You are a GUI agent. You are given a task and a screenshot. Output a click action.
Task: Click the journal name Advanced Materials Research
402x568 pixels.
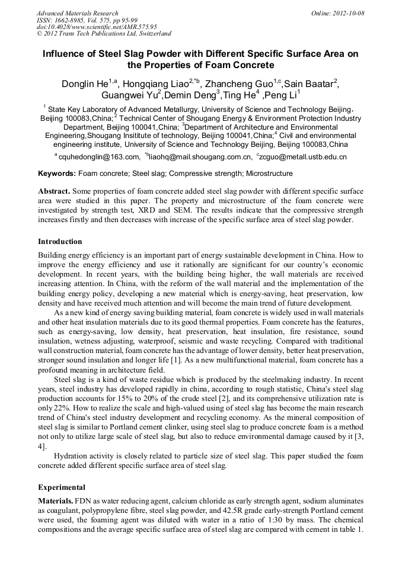(x=77, y=13)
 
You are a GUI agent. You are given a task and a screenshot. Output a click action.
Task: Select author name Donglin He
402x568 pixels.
(x=85, y=84)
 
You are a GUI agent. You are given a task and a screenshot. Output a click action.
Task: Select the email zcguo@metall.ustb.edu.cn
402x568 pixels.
(x=304, y=157)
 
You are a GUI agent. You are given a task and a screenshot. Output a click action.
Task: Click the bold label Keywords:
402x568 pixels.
(x=57, y=174)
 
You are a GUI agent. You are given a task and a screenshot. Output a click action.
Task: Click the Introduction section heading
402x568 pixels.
(x=60, y=242)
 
